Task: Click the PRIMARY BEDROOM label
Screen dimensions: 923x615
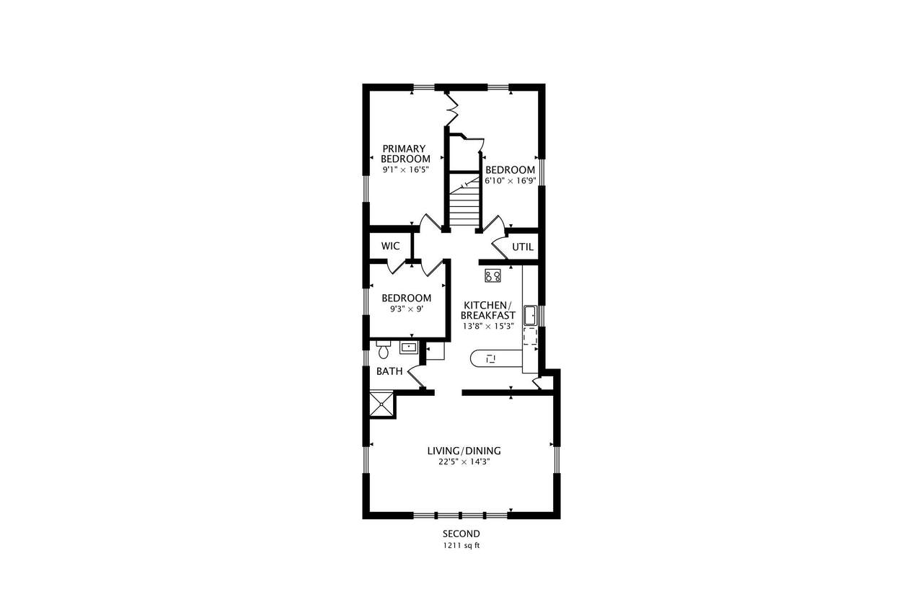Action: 405,154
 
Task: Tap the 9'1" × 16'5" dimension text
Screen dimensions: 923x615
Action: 406,169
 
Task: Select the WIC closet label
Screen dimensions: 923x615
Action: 390,246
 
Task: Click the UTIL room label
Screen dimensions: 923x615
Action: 523,247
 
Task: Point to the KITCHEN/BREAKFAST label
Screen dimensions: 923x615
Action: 488,310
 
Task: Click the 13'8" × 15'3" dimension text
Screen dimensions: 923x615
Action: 488,326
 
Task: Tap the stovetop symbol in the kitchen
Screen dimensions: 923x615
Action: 493,275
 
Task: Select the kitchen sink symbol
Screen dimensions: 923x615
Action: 530,316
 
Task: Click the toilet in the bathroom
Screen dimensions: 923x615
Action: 383,349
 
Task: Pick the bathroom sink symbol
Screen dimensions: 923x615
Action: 409,348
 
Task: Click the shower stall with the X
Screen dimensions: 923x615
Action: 381,404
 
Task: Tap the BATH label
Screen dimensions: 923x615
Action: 389,371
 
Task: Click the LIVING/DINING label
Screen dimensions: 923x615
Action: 464,451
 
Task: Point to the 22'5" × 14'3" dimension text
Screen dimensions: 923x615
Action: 464,461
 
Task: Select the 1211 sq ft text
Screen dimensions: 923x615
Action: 461,546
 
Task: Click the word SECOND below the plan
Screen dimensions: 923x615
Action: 461,534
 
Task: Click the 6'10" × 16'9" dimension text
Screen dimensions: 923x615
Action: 510,180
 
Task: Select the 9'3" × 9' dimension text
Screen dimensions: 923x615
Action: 407,309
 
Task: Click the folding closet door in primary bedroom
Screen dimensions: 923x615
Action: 452,109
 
